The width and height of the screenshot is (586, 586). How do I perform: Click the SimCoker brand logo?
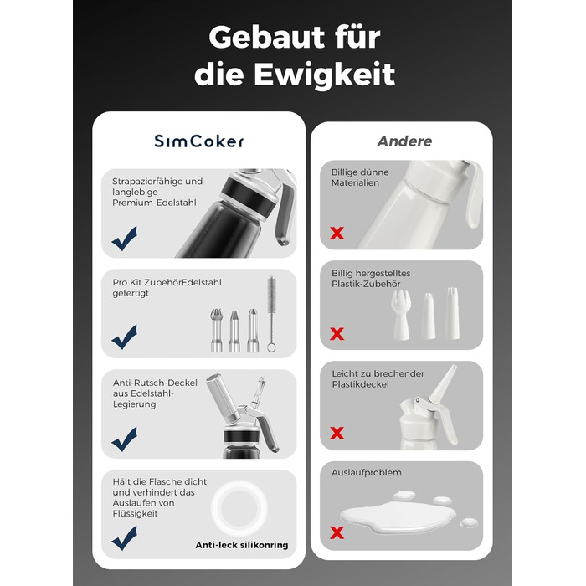coord(199,141)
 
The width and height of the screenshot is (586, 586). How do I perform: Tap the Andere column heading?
coord(404,141)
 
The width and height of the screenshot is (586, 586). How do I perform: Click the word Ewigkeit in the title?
coord(325,75)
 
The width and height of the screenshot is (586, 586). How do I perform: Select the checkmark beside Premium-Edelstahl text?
coord(125,239)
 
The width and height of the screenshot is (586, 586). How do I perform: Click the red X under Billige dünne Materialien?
coord(337,234)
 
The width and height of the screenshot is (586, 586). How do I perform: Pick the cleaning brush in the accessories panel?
coord(271,313)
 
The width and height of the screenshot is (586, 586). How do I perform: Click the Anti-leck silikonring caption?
coord(242,545)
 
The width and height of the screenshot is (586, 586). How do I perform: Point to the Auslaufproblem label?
coord(367,473)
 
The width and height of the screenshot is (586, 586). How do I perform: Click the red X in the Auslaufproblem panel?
coord(337,532)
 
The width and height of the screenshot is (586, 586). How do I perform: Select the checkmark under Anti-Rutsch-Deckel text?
coord(125,439)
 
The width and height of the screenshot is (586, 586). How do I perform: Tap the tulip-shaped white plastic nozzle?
coord(401,315)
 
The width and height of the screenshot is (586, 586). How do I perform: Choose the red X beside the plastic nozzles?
coord(337,333)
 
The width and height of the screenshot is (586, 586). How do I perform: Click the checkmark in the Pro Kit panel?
coord(125,337)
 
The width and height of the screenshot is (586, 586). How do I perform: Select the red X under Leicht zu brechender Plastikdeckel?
coord(337,433)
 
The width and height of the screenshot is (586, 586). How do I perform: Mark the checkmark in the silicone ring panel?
coord(125,538)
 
